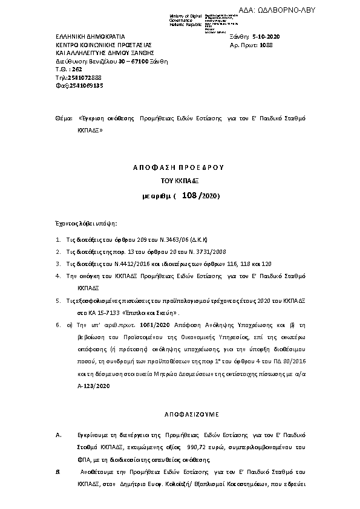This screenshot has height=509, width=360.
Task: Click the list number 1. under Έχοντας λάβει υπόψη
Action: point(57,240)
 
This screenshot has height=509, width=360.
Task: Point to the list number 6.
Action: point(57,323)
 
